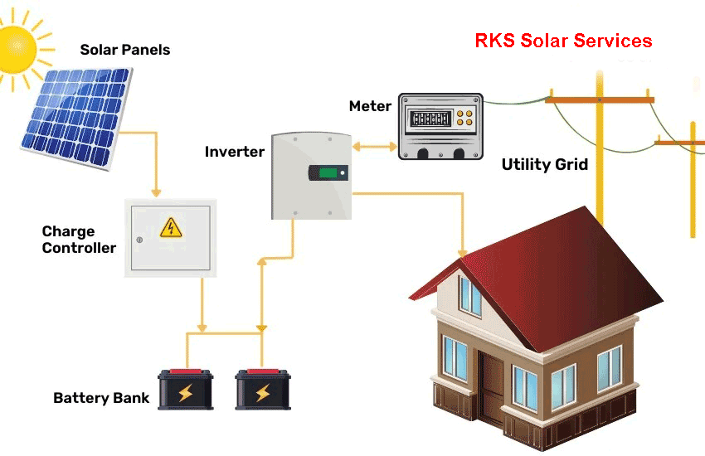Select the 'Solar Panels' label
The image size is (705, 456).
124,50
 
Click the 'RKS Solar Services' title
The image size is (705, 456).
563,41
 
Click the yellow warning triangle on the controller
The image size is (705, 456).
170,226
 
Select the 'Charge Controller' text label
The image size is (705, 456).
79,240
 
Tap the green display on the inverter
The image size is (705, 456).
329,173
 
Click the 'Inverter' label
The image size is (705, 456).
235,152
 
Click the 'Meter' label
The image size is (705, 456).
370,106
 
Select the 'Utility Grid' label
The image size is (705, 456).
544,164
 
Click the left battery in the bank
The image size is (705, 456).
186,390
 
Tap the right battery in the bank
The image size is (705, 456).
262,390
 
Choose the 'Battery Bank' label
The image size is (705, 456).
101,398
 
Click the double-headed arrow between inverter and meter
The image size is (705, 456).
375,147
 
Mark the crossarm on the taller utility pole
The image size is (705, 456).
600,99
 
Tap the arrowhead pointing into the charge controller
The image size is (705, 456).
155,192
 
